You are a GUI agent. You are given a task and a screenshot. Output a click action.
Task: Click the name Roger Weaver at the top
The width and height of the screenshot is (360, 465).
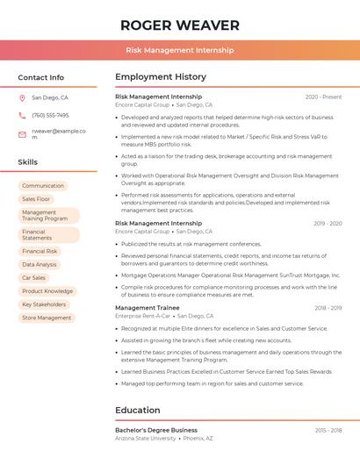click(179, 25)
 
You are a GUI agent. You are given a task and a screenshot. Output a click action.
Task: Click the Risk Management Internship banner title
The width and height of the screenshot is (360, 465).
click(179, 50)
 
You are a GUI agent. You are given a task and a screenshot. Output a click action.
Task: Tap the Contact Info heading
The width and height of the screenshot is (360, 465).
click(40, 77)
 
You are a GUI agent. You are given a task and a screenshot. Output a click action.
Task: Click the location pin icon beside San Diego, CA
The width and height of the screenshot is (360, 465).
click(22, 98)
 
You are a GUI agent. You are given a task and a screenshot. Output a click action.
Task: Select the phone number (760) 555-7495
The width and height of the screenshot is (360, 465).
click(50, 115)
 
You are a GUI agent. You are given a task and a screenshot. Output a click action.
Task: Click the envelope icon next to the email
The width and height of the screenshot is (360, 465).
click(22, 134)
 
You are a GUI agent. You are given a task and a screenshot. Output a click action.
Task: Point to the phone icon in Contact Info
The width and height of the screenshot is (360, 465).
click(22, 115)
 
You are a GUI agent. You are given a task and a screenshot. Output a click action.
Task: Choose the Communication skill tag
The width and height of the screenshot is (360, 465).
click(43, 186)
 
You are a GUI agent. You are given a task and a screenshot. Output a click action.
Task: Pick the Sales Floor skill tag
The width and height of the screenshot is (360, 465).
click(36, 199)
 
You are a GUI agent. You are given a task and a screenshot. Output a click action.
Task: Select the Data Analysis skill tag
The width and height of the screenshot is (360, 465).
click(40, 264)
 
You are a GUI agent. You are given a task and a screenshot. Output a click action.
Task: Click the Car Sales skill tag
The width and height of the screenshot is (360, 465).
click(33, 277)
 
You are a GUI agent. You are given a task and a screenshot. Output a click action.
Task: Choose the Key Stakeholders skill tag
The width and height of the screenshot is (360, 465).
click(44, 304)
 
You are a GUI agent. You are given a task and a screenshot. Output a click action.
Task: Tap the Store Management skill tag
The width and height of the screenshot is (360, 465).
click(47, 318)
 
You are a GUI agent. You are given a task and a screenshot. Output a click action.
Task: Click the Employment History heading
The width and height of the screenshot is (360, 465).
click(161, 77)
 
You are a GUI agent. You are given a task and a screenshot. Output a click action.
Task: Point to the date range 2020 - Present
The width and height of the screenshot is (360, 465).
click(323, 97)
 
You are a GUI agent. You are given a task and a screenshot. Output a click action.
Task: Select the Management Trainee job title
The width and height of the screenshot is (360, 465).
click(147, 308)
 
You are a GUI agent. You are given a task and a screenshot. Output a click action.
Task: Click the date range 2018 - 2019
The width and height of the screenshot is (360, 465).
click(328, 308)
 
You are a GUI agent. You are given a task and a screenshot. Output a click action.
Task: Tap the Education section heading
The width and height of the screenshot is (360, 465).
click(138, 410)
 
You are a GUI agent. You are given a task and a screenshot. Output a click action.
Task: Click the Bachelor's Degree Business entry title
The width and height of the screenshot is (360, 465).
click(155, 430)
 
